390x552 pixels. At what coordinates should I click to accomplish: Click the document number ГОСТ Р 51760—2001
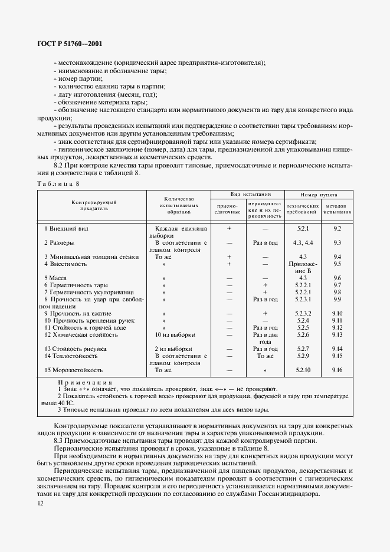(68, 44)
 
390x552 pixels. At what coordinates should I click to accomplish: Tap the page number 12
(40, 503)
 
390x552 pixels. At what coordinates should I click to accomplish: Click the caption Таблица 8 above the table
(58, 185)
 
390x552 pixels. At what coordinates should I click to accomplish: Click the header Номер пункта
(319, 194)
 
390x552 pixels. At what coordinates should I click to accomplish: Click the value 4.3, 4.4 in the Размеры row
(303, 242)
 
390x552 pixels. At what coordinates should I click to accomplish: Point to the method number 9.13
(337, 334)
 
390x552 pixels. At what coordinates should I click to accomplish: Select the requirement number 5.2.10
(303, 370)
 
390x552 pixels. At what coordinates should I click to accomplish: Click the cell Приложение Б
(303, 267)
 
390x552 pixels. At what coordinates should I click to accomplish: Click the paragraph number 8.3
(60, 441)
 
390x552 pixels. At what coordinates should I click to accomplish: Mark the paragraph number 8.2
(60, 166)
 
